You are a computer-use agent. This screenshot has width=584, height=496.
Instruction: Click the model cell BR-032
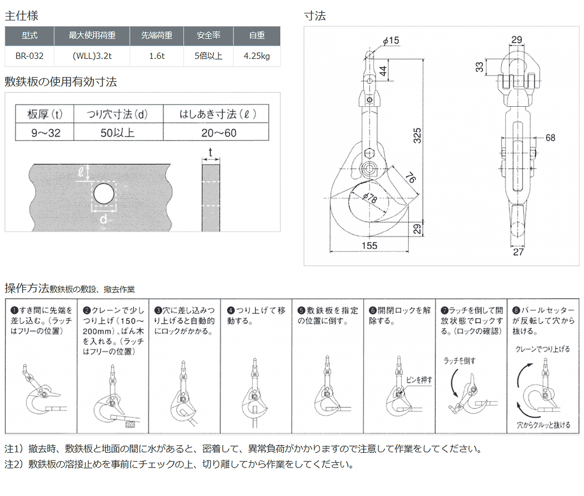pyautogui.click(x=29, y=57)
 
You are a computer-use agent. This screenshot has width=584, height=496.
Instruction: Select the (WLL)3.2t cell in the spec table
pyautogui.click(x=92, y=57)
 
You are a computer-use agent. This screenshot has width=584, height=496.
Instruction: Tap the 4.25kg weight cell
pyautogui.click(x=256, y=57)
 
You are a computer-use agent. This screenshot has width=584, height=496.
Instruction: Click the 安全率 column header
pyautogui.click(x=209, y=36)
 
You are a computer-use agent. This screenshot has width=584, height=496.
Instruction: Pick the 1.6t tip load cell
pyautogui.click(x=157, y=57)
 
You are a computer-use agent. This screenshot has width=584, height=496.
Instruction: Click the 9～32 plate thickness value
pyautogui.click(x=46, y=133)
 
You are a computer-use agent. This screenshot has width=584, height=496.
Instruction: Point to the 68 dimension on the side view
pyautogui.click(x=550, y=138)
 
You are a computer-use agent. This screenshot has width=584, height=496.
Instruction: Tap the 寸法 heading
pyautogui.click(x=315, y=16)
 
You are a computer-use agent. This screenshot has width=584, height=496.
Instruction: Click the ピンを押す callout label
pyautogui.click(x=419, y=380)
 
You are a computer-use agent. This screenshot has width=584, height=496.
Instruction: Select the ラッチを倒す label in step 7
pyautogui.click(x=460, y=361)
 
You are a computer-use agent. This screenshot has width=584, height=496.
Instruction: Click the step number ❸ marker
pyautogui.click(x=158, y=310)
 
